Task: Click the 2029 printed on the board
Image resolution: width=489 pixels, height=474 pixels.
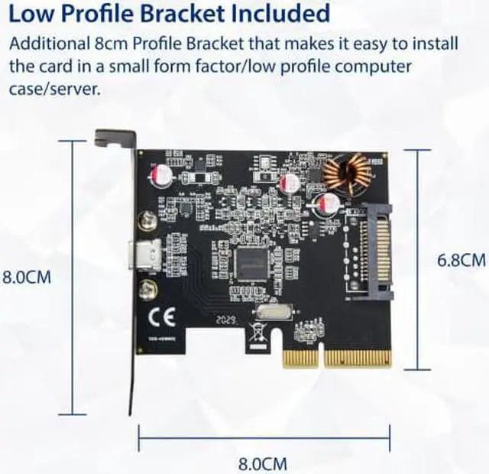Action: coord(226,320)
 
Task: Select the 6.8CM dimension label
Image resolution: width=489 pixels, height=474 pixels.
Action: coord(461,260)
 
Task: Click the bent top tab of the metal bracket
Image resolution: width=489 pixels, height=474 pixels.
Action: coord(112,138)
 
